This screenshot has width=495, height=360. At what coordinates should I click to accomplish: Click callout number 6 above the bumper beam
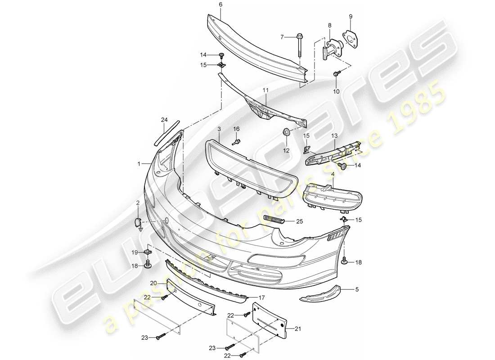tap(220, 5)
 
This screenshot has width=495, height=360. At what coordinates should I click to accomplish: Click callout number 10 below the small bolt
tap(336, 92)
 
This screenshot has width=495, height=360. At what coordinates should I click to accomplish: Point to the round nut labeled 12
tap(285, 131)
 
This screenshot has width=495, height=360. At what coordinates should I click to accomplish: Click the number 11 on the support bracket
tap(265, 90)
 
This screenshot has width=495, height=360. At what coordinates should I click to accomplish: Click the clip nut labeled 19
tap(148, 253)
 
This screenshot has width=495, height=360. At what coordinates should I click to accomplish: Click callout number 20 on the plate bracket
tap(153, 283)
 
